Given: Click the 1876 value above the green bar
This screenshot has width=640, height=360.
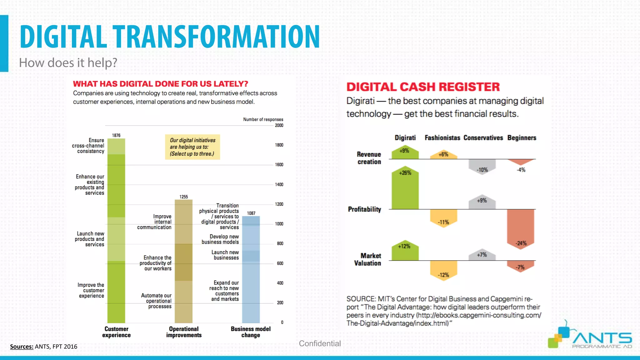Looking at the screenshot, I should click(x=116, y=135).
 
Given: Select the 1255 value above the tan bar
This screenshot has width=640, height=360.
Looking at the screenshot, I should click(x=184, y=197).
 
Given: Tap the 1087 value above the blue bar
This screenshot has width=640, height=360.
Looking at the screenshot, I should click(x=251, y=213).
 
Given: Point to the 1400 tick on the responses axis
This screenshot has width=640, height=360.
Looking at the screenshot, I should click(x=279, y=185).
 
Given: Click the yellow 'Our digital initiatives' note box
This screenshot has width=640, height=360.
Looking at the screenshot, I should click(x=192, y=147).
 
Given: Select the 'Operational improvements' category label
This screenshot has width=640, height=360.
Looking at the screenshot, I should click(x=184, y=332).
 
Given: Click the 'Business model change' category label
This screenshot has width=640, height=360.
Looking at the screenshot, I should click(x=251, y=332).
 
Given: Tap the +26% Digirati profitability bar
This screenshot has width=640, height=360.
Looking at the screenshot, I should click(x=405, y=189).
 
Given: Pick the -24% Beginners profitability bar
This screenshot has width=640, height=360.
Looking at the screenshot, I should click(x=521, y=228).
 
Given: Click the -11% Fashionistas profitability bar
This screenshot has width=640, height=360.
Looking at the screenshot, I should click(x=443, y=218).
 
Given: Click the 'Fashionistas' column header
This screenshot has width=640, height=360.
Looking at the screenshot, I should click(x=442, y=138).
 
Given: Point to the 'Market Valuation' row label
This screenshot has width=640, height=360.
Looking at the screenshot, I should click(x=367, y=259).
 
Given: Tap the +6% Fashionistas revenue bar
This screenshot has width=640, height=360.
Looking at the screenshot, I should click(x=443, y=155).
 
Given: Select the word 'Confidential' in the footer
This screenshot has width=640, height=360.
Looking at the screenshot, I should click(x=320, y=343).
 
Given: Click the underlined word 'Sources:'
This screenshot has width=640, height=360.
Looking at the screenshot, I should click(x=22, y=347).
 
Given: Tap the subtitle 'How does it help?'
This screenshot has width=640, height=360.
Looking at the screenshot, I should click(x=68, y=63).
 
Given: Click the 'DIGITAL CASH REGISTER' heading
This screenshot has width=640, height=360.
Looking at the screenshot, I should click(x=423, y=87).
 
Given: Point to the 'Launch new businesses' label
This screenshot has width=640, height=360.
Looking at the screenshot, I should click(x=225, y=255).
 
